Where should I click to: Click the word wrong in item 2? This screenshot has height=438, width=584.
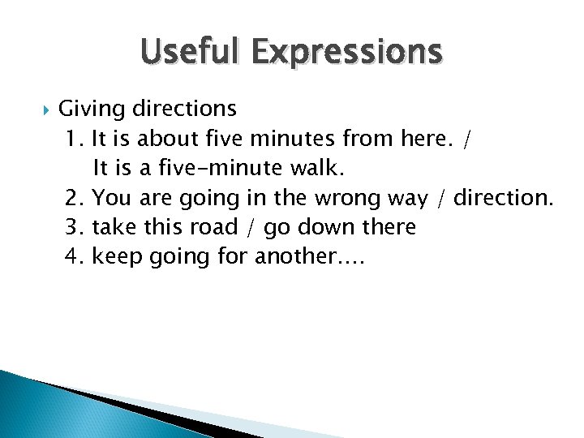coord(359,198)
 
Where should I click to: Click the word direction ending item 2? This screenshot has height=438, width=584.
coord(502,198)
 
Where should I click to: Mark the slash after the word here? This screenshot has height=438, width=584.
coord(465,140)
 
